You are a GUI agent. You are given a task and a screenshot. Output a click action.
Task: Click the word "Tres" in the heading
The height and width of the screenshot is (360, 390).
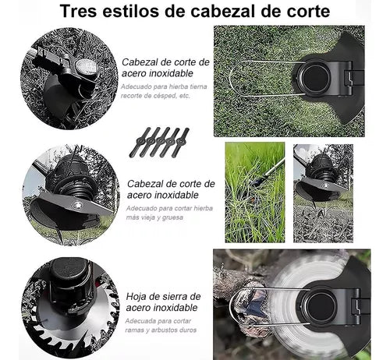pyautogui.click(x=79, y=11)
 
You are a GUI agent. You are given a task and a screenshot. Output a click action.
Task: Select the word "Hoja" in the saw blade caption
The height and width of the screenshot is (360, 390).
pyautogui.click(x=136, y=297)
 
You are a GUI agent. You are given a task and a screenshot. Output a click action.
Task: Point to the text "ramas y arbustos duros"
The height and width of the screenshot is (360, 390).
pyautogui.click(x=161, y=330)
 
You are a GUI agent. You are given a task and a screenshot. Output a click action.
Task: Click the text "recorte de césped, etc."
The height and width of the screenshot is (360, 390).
pyautogui.click(x=155, y=96)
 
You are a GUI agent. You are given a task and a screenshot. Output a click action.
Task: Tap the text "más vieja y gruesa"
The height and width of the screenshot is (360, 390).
pyautogui.click(x=154, y=217)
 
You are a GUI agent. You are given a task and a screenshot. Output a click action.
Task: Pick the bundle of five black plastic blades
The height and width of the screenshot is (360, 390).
pyautogui.click(x=159, y=143)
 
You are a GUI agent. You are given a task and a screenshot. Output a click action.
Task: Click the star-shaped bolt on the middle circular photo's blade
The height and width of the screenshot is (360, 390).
pyautogui.click(x=76, y=205)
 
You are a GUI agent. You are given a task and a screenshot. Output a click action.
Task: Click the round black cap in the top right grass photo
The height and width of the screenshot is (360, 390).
pyautogui.click(x=315, y=78)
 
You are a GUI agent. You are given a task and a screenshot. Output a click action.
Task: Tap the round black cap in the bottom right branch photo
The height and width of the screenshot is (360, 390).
pyautogui.click(x=321, y=305)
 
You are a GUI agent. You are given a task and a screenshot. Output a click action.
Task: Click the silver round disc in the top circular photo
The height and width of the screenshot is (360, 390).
pyautogui.click(x=86, y=66)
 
